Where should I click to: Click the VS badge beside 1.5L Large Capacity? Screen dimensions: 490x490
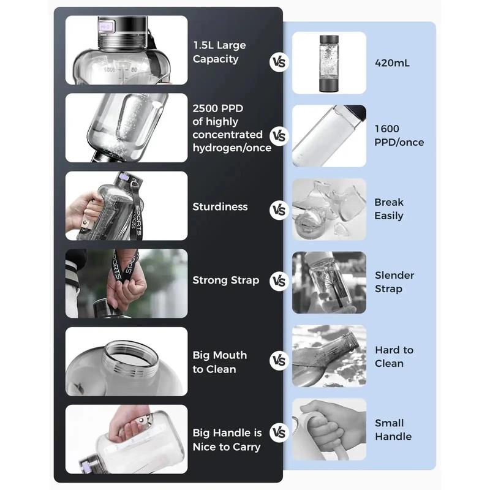(x=279, y=62)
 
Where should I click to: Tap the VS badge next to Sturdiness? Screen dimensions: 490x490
(x=279, y=210)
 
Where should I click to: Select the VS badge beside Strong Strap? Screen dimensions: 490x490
(x=279, y=281)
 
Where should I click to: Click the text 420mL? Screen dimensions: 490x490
(x=392, y=63)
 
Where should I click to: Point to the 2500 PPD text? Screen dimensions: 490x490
(x=218, y=108)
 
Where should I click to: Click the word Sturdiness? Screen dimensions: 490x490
(x=220, y=206)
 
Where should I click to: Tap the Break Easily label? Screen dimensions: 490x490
(x=389, y=209)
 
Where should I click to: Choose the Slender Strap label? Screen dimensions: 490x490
(x=394, y=282)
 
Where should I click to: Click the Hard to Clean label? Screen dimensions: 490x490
(x=394, y=356)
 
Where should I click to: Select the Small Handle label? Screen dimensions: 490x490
(x=393, y=430)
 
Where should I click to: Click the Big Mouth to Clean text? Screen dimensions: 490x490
(x=220, y=362)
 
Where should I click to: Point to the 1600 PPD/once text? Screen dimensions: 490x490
(x=399, y=135)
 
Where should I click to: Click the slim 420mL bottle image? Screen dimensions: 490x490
(x=329, y=64)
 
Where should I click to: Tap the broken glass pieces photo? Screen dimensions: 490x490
(x=329, y=209)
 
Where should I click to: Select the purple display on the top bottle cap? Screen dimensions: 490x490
(x=105, y=26)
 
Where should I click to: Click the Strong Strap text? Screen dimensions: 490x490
(x=225, y=281)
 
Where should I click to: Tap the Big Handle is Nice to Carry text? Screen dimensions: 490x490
(x=227, y=440)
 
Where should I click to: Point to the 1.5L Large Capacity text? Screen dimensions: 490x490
(x=219, y=52)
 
